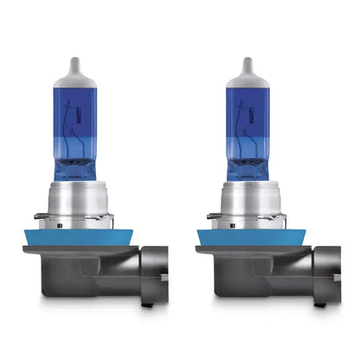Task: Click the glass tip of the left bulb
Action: pos(79,64)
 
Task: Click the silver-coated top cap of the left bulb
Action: pos(79,87)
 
